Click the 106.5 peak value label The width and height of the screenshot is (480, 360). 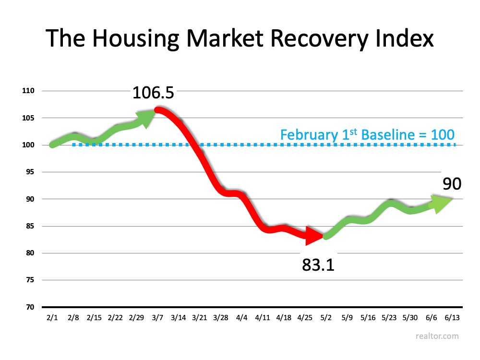coord(153,92)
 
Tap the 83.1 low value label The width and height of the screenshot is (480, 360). coord(318,264)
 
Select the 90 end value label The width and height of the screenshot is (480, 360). coord(451,183)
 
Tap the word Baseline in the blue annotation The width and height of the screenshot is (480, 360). coord(384,135)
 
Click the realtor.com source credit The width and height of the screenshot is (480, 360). coord(437,336)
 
